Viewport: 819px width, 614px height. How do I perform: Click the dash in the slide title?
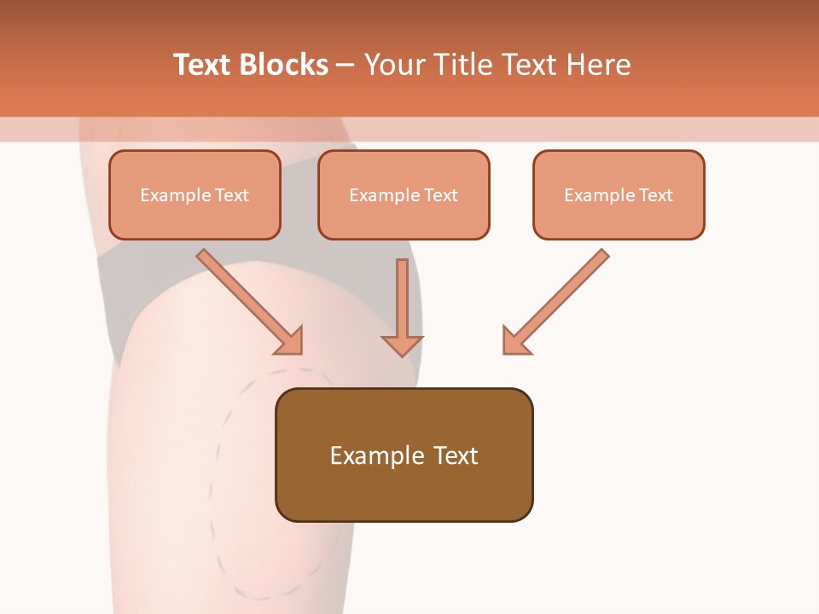click(x=346, y=65)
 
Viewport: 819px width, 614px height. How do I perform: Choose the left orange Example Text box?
click(x=195, y=194)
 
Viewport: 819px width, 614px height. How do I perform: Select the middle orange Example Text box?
click(x=404, y=194)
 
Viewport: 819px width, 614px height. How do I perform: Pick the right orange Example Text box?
click(x=619, y=194)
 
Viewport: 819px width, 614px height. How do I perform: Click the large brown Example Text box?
click(x=404, y=455)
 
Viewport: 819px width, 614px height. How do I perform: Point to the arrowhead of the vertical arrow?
click(x=402, y=345)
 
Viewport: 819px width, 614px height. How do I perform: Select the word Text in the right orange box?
click(x=655, y=195)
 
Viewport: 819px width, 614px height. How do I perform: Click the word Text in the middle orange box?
click(x=440, y=195)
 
